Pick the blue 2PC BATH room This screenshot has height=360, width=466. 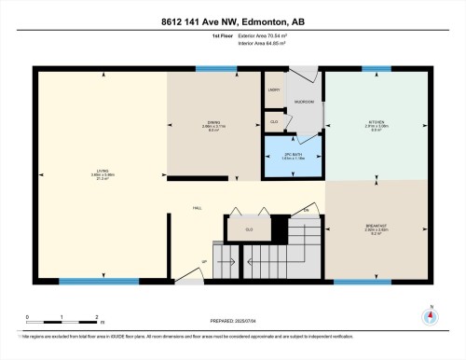(x=294, y=156)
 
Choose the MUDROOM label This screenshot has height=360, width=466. (x=304, y=101)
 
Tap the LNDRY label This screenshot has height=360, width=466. (x=274, y=90)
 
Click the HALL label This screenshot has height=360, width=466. (x=198, y=207)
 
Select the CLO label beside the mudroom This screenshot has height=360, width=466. (x=274, y=122)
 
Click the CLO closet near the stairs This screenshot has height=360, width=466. (x=249, y=228)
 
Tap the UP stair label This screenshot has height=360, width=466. (x=204, y=262)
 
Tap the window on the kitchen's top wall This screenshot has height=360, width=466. (x=376, y=68)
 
